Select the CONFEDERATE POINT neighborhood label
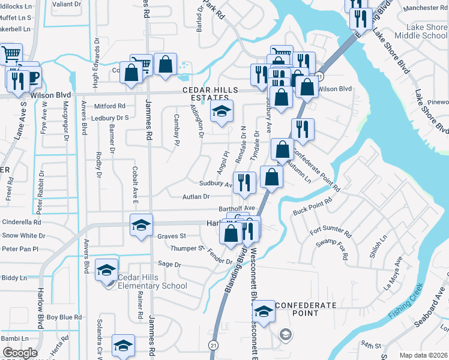click(306, 310)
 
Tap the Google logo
click(19, 353)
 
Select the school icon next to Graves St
click(142, 226)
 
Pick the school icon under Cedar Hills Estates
click(221, 112)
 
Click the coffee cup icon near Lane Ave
click(31, 77)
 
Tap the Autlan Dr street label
click(197, 196)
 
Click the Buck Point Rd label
click(312, 208)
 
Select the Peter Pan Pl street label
click(20, 248)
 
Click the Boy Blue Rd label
click(64, 317)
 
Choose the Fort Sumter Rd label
click(330, 230)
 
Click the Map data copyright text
click(423, 355)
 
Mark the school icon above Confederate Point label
click(263, 311)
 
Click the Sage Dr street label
click(169, 264)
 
